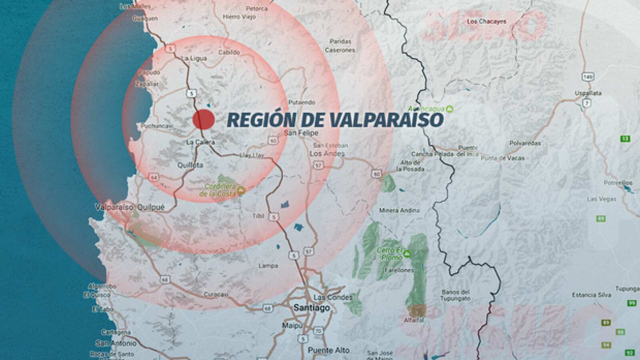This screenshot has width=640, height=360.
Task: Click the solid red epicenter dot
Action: click(204, 119)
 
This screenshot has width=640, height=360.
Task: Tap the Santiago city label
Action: click(312, 308)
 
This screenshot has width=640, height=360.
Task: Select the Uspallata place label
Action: click(588, 93)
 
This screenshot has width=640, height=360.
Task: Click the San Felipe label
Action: click(301, 133)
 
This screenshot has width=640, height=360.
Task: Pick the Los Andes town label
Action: click(327, 154)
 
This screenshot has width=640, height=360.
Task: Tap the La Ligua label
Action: click(194, 58)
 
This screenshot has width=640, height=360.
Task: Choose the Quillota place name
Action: click(190, 165)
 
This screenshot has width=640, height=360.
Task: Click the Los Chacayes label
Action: click(486, 22)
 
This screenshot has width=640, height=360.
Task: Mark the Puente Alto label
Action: click(328, 350)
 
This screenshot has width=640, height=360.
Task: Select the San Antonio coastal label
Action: click(116, 343)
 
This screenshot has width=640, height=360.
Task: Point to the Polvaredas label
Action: click(525, 143)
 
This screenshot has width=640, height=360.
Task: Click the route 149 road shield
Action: click(588, 76)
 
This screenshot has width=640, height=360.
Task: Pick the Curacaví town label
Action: click(216, 294)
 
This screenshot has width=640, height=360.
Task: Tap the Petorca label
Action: click(256, 8)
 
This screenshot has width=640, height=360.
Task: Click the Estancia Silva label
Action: click(591, 295)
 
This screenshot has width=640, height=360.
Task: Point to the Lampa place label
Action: click(268, 266)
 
